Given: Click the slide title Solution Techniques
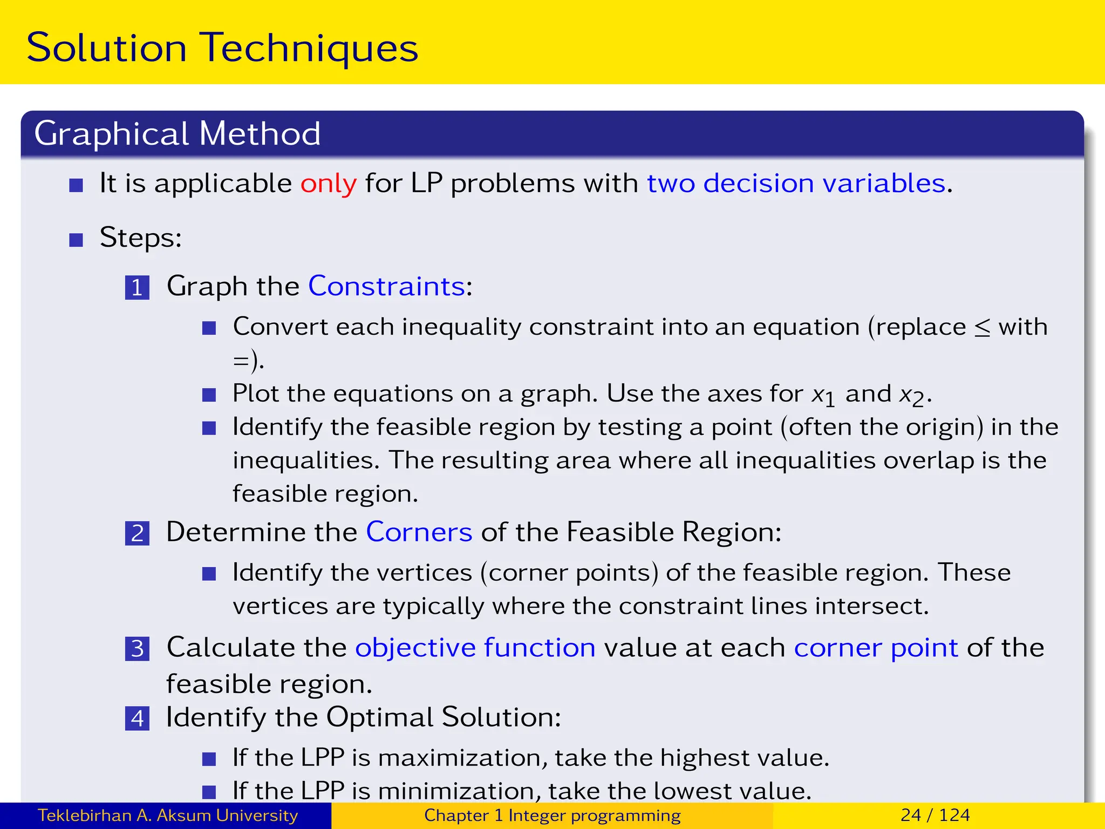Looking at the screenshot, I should [222, 48].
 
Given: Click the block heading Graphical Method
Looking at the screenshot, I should [177, 133].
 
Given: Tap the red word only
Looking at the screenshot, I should [328, 184].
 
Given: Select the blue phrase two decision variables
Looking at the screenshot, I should [796, 184].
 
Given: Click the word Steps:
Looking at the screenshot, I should [140, 237].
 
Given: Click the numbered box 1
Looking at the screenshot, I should [137, 287].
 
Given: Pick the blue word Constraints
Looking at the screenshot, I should [386, 286].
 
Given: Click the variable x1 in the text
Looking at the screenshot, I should [823, 395].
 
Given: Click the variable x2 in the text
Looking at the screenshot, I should [912, 395].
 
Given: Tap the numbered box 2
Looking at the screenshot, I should [137, 533].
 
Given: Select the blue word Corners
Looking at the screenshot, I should [419, 532].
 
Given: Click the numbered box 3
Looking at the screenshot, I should [137, 649].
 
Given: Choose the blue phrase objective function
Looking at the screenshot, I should [475, 648].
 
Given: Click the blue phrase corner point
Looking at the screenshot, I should [875, 648].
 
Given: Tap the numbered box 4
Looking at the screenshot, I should [137, 718].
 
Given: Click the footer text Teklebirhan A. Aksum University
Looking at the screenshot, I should [167, 815].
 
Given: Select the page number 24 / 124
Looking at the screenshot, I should [935, 815].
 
